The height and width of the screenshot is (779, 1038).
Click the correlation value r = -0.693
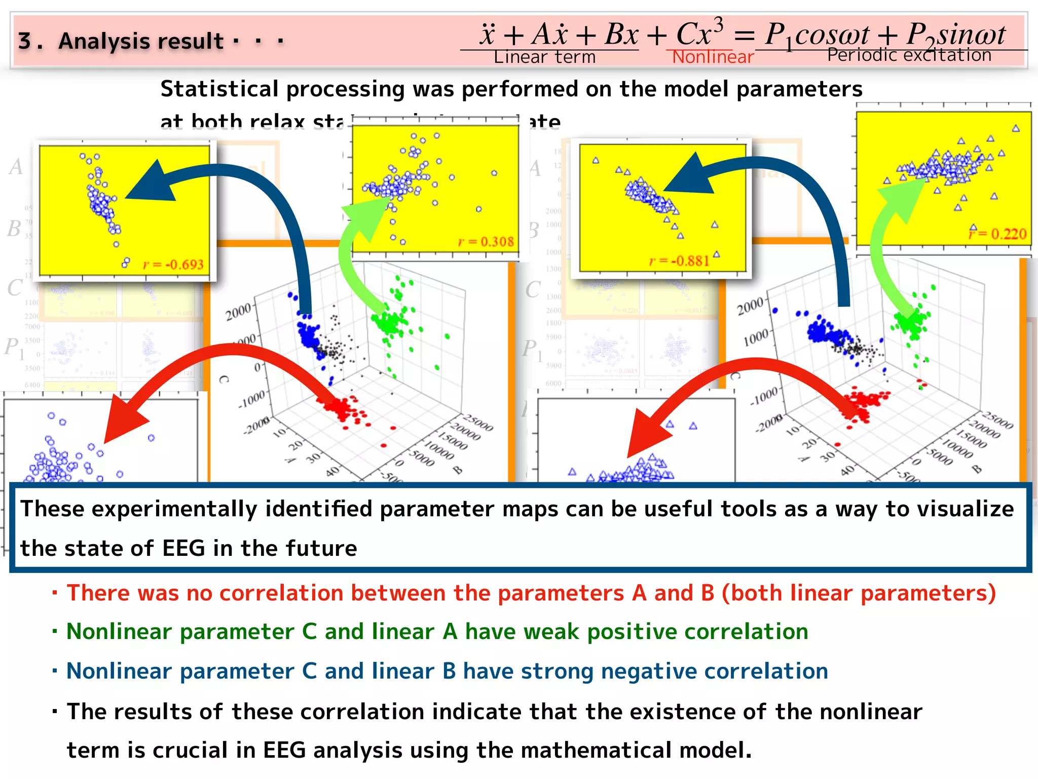click(173, 264)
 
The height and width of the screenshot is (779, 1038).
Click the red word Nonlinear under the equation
click(713, 57)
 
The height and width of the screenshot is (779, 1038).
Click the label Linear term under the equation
click(544, 57)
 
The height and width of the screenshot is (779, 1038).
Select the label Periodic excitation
click(909, 55)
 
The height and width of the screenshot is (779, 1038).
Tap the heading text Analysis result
click(141, 42)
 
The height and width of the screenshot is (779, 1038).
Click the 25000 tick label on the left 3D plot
click(478, 423)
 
